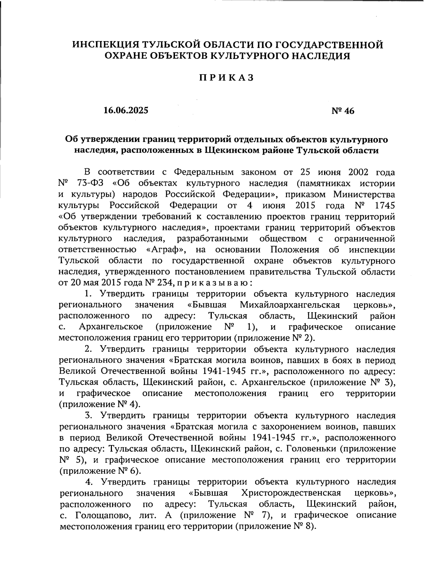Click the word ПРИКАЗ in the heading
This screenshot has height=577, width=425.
point(226,78)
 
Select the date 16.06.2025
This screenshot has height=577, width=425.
point(126,110)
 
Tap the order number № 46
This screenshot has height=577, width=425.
point(342,111)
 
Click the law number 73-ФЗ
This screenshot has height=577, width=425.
point(90,184)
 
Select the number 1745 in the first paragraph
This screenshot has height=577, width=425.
point(384,206)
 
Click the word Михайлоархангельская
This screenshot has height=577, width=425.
point(290,305)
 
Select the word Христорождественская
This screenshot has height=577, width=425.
point(291,493)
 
